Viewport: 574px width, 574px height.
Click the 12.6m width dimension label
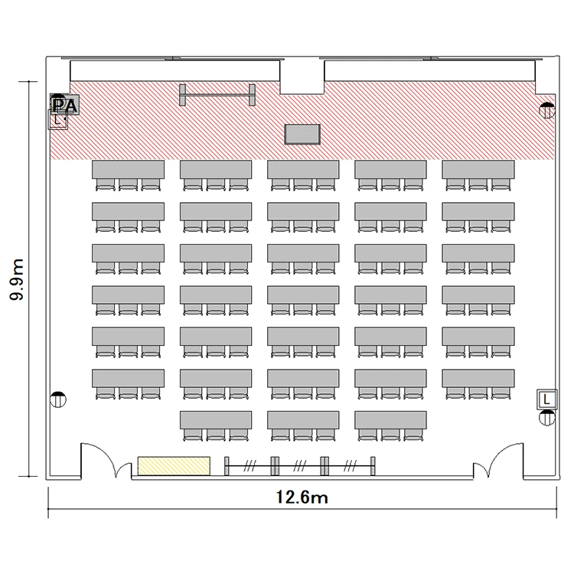(x=302, y=497)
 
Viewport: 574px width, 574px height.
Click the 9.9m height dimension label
(x=17, y=279)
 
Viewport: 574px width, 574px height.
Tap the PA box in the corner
(x=65, y=105)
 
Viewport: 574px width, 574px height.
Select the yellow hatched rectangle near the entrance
(x=174, y=466)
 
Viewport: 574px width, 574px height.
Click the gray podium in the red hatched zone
(x=302, y=135)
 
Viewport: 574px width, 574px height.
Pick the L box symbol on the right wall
(x=547, y=400)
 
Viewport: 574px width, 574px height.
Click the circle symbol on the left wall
(x=58, y=400)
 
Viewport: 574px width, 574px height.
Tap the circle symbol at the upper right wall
(x=547, y=110)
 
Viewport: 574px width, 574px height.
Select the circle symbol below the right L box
(x=547, y=418)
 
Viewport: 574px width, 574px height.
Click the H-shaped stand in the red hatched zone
(x=217, y=95)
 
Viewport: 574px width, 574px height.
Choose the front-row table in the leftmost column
(x=128, y=169)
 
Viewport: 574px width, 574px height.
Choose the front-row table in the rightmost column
(x=478, y=169)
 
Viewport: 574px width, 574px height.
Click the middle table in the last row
(x=303, y=420)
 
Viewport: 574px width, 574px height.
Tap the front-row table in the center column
(x=303, y=169)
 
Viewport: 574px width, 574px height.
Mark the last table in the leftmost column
(x=128, y=378)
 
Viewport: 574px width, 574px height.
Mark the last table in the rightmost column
(x=478, y=378)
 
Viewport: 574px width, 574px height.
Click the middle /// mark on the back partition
(x=300, y=466)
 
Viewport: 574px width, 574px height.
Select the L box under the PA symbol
(x=58, y=119)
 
